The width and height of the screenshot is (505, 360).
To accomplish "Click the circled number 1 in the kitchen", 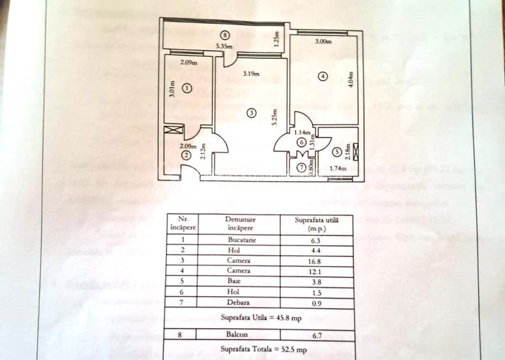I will coord(187,89).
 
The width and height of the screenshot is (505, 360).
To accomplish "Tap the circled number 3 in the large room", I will coord(252,113).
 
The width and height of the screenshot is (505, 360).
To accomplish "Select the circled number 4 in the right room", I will coord(323,76).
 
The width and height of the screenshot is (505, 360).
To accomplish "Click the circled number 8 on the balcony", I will coord(223,35).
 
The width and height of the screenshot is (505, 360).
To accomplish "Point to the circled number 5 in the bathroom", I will coord(337,152).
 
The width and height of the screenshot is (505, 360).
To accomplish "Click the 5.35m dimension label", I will coord(223,46).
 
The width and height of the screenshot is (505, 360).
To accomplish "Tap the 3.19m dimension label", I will coord(250,74).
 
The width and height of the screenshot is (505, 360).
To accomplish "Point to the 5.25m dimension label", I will coord(274,116).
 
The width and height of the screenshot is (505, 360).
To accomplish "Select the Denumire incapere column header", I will coord(239,223).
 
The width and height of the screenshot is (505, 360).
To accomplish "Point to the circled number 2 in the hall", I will coord(186,155).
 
